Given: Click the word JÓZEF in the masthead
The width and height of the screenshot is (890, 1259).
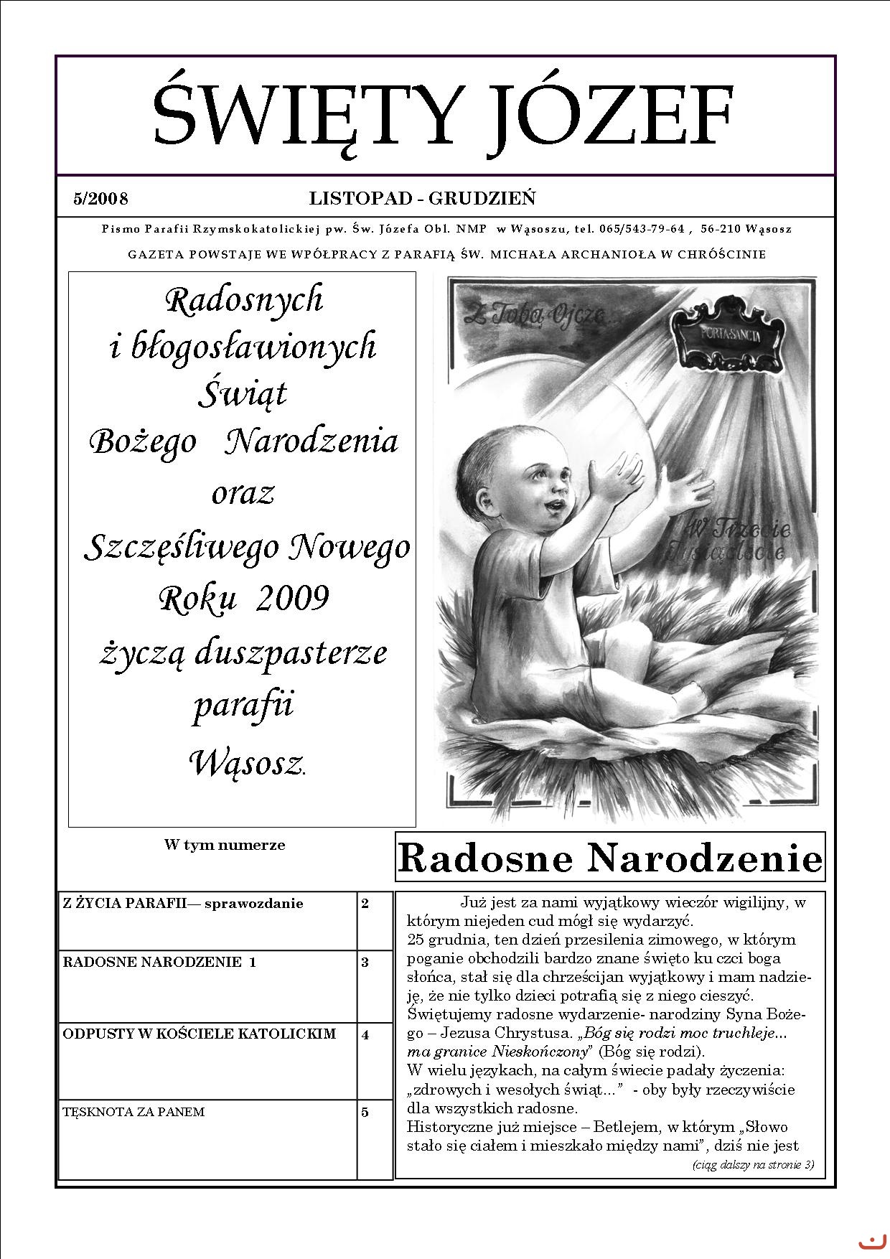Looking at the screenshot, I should (609, 117).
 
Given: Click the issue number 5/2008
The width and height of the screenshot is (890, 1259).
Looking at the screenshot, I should (100, 199).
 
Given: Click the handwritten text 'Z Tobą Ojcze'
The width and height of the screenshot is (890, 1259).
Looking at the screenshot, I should (534, 314).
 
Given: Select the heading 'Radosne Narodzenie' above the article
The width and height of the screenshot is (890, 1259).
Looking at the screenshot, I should (610, 858).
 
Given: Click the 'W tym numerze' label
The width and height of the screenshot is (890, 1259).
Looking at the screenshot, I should (225, 845).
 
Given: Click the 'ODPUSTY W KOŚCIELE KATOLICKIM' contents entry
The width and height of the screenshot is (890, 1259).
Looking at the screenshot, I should (200, 1034).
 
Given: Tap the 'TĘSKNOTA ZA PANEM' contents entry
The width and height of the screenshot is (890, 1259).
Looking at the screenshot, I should (134, 1112).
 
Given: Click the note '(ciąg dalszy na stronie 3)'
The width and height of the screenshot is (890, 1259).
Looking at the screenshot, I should (753, 1164).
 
